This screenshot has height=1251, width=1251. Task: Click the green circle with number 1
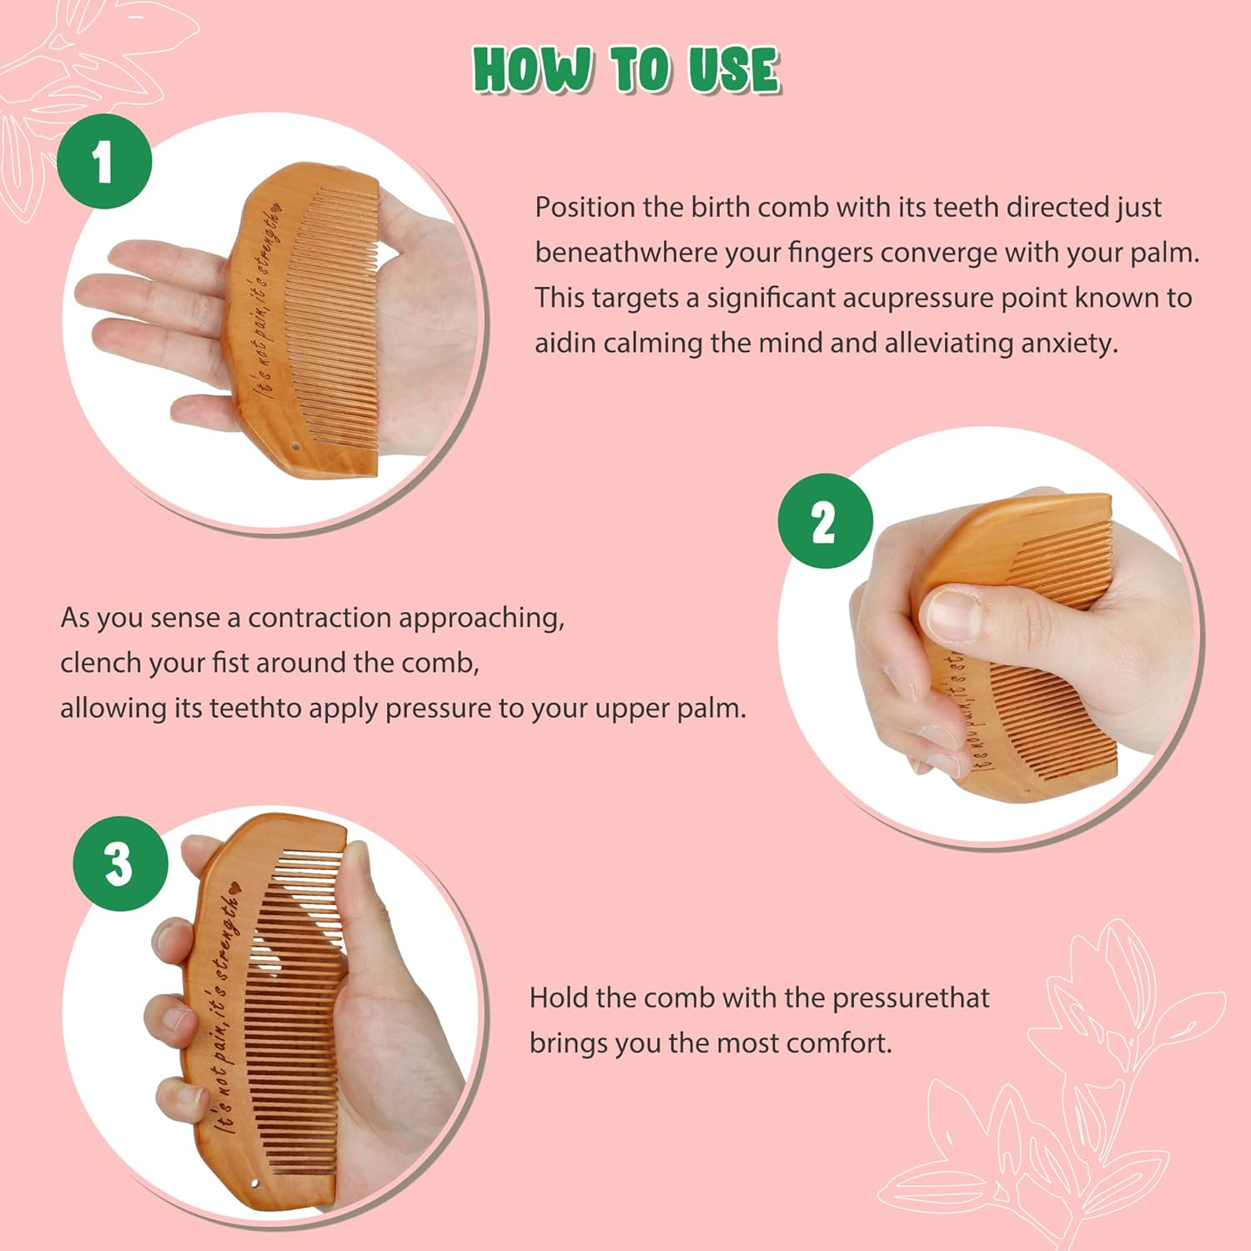(103, 161)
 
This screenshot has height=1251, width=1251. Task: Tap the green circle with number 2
(825, 521)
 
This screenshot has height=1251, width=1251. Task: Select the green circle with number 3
(119, 863)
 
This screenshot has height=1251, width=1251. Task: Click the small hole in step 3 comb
(255, 1184)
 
